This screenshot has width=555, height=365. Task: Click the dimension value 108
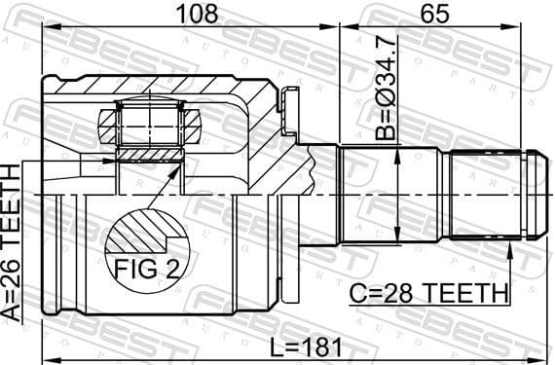(192, 14)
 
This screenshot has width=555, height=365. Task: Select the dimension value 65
(435, 14)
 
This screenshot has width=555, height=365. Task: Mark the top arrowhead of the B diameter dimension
(397, 149)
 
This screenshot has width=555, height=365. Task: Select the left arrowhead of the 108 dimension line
(50, 26)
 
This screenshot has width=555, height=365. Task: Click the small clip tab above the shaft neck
(285, 99)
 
